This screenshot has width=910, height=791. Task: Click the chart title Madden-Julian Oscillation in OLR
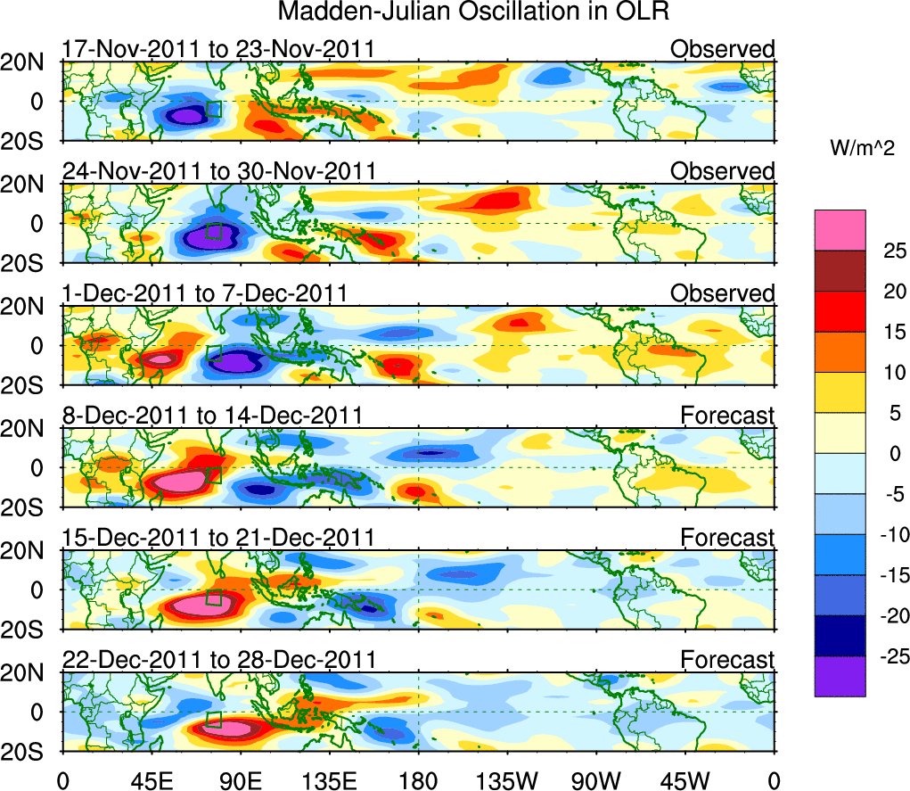click(473, 12)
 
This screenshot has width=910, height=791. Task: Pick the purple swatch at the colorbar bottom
click(839, 676)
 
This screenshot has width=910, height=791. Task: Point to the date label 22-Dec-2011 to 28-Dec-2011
click(218, 660)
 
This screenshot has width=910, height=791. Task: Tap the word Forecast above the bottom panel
click(727, 660)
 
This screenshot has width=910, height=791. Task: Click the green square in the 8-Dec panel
click(213, 475)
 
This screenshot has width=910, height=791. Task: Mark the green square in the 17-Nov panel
click(213, 110)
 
